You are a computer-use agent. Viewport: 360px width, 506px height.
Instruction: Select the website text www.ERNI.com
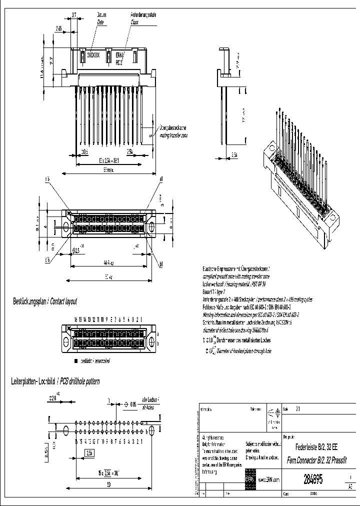click(x=269, y=479)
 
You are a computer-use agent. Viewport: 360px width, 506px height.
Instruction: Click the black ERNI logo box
click(x=250, y=477)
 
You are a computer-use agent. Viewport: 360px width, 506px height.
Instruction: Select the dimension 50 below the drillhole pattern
click(x=108, y=484)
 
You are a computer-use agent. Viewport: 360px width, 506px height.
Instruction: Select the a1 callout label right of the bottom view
click(x=161, y=179)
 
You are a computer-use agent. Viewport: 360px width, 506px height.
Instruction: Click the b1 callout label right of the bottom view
click(x=161, y=263)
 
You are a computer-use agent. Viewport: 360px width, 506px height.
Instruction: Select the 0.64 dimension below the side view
click(x=234, y=155)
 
